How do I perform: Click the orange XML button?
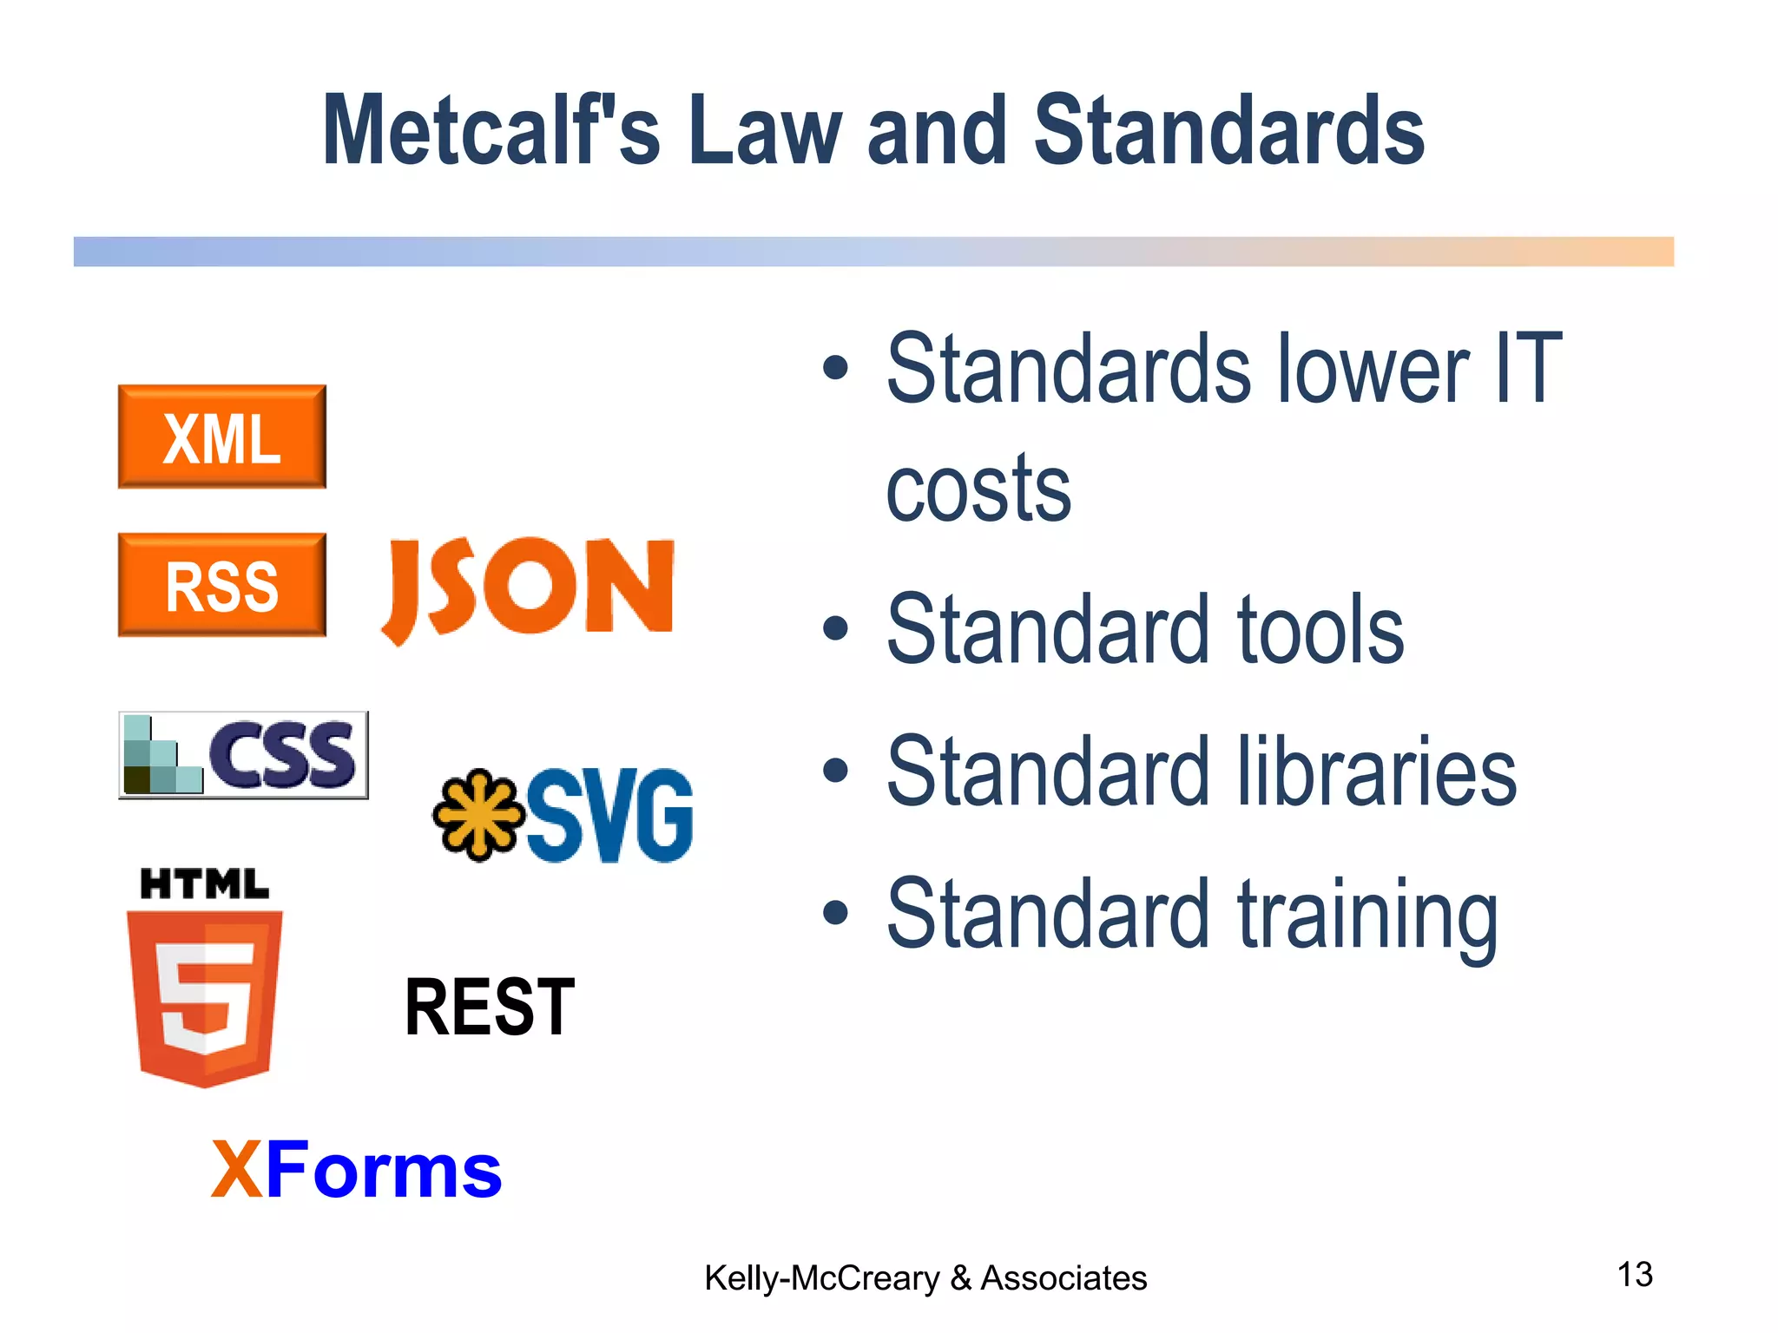tap(222, 437)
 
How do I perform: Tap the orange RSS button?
tap(222, 585)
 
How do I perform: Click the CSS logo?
tap(244, 755)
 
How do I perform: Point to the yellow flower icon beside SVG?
tap(478, 814)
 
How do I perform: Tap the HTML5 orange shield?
tap(205, 998)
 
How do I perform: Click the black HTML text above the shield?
tap(205, 884)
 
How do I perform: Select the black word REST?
tap(490, 1008)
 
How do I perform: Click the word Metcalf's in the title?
tap(491, 130)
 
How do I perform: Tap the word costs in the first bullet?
tap(978, 489)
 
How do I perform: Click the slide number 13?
tap(1635, 1275)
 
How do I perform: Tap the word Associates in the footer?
tap(1064, 1278)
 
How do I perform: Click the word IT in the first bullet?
tap(1528, 370)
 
